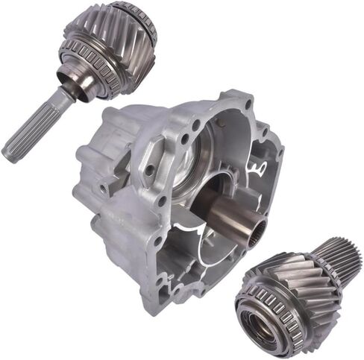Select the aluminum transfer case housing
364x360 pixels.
[x=172, y=194]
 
